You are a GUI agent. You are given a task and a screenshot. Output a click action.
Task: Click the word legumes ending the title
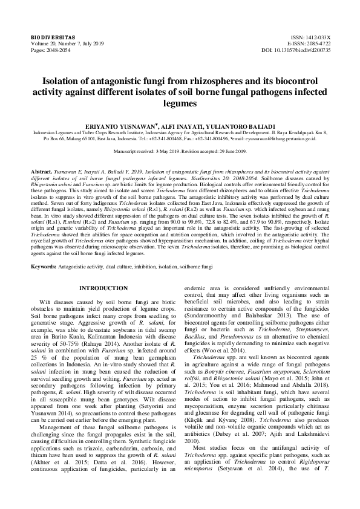coord(180,103)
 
